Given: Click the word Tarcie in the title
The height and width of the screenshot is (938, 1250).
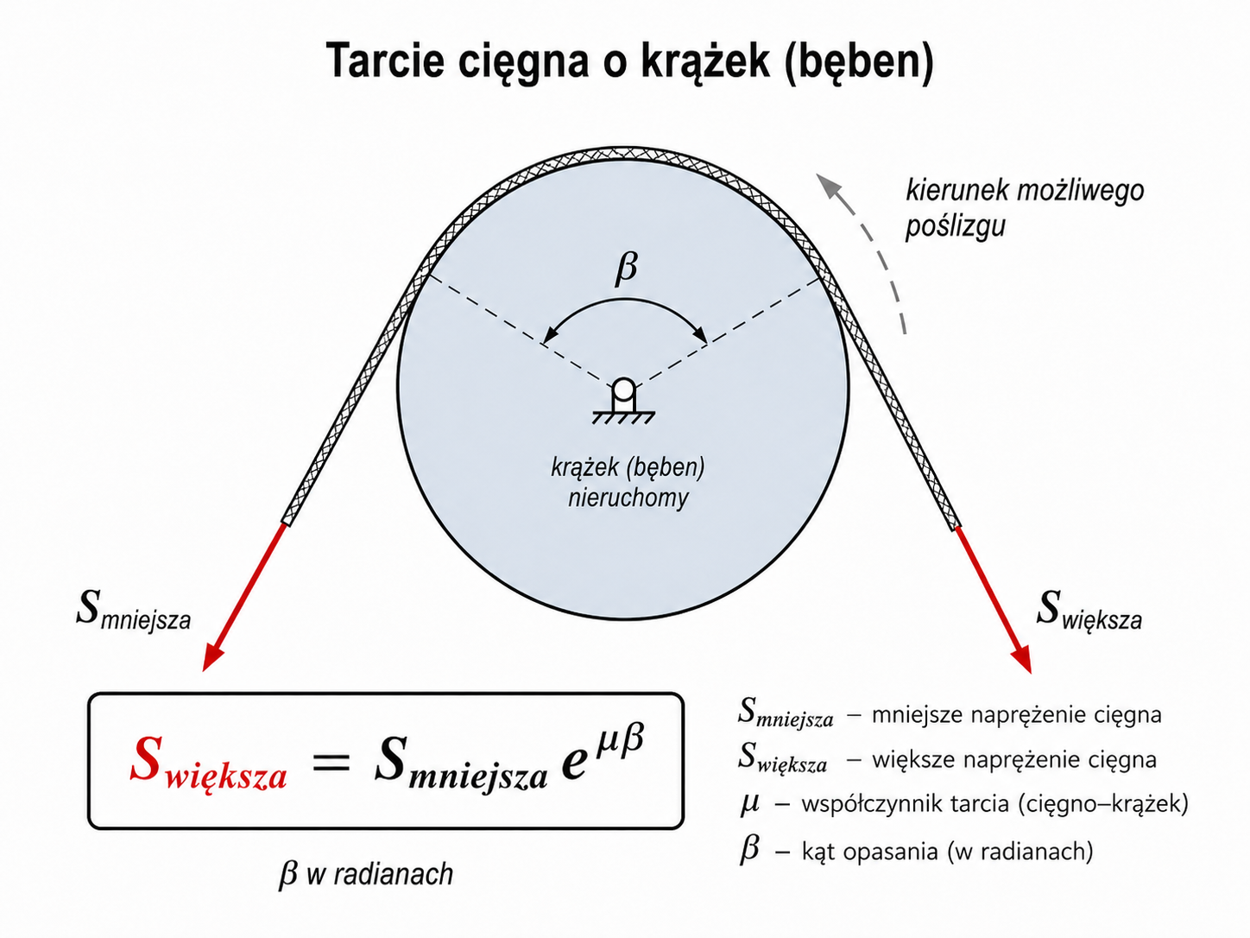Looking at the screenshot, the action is pos(385,60).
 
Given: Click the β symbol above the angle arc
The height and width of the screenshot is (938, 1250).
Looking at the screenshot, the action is pos(626,268).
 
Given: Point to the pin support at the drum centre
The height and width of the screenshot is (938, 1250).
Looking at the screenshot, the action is pos(623,402).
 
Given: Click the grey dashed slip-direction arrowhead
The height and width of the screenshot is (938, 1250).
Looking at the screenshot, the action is pos(829,187).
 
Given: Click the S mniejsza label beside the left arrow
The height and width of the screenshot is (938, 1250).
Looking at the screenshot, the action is pos(133,612).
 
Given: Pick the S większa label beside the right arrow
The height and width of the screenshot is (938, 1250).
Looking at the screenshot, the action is pos(1089,612).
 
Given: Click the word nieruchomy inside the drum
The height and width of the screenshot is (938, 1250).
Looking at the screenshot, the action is pos(628,498).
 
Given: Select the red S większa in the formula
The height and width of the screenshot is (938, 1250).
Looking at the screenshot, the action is pos(208,763).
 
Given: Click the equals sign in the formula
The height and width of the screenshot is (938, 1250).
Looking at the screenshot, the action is pos(331,761).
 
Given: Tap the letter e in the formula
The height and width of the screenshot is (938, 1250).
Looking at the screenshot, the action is pos(573,764).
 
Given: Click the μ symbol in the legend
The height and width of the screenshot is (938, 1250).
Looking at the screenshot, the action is pos(749,803).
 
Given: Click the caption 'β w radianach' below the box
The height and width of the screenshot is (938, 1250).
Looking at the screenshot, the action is pos(366,874).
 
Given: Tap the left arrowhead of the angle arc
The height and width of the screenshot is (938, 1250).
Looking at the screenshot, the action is pos(549,336).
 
